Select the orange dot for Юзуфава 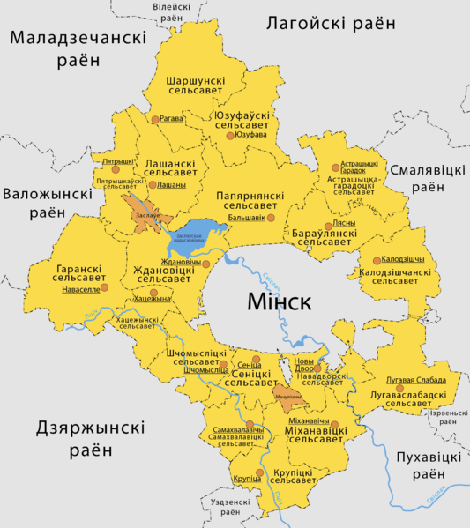coord(230,136)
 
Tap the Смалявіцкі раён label coord(428,178)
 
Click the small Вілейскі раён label coord(153,11)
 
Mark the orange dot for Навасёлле coord(104,287)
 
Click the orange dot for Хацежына coord(154,293)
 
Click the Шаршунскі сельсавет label coord(196,87)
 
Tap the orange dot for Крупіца coord(259,479)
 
